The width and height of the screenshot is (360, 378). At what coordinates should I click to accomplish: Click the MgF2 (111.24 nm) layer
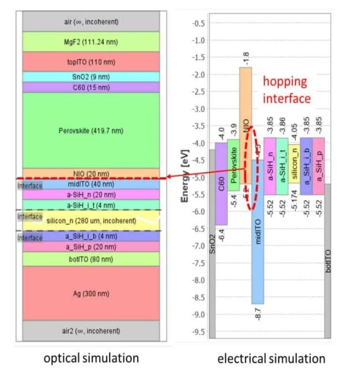tap(91, 42)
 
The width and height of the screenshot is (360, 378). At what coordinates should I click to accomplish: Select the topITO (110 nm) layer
tap(91, 62)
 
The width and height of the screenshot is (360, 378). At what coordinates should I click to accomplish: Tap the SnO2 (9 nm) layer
tap(91, 77)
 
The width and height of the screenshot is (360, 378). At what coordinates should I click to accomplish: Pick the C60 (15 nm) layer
tap(91, 87)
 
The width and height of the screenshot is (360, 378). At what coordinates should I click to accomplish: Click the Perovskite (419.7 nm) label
tap(91, 130)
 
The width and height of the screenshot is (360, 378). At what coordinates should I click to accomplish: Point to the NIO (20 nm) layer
tap(91, 174)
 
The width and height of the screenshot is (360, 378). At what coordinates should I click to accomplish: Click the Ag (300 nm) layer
tap(91, 293)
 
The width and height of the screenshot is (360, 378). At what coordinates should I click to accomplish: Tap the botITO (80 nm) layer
tap(91, 259)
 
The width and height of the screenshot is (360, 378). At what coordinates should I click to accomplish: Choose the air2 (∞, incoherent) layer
tap(91, 330)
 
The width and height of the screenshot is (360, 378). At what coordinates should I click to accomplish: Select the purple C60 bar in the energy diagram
tap(221, 183)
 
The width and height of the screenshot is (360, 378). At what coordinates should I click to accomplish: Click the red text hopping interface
tap(287, 90)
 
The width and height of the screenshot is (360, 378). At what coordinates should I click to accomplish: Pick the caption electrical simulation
tap(271, 359)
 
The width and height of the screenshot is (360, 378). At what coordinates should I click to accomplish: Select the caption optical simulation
tap(91, 358)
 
